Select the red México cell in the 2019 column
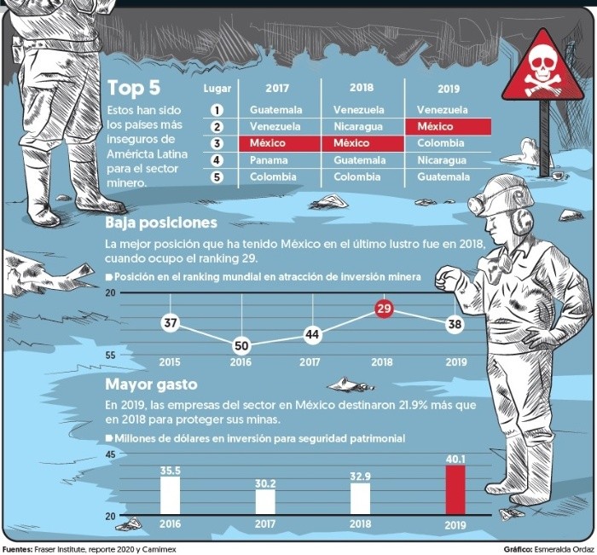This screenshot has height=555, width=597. pyautogui.click(x=448, y=126)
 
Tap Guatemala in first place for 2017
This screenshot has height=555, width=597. pyautogui.click(x=276, y=110)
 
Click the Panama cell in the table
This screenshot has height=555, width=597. pyautogui.click(x=269, y=160)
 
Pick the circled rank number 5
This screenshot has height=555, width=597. pyautogui.click(x=217, y=177)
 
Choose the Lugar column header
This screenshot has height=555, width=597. pyautogui.click(x=217, y=89)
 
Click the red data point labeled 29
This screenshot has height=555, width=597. pyautogui.click(x=384, y=308)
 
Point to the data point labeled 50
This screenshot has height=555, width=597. pyautogui.click(x=241, y=345)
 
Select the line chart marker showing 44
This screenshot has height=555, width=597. pyautogui.click(x=313, y=334)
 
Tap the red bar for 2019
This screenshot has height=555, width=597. pyautogui.click(x=455, y=490)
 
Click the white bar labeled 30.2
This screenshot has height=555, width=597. pyautogui.click(x=265, y=502)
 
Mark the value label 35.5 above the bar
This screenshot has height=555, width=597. pyautogui.click(x=171, y=471)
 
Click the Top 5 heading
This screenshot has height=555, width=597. pyautogui.click(x=134, y=88)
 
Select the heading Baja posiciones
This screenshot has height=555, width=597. pyautogui.click(x=161, y=223)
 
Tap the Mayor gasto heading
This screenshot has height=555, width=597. pyautogui.click(x=151, y=384)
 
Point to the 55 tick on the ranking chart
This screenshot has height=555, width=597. pyautogui.click(x=110, y=356)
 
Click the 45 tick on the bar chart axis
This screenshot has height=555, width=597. pyautogui.click(x=110, y=454)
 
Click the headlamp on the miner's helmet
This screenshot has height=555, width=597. pyautogui.click(x=476, y=205)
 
